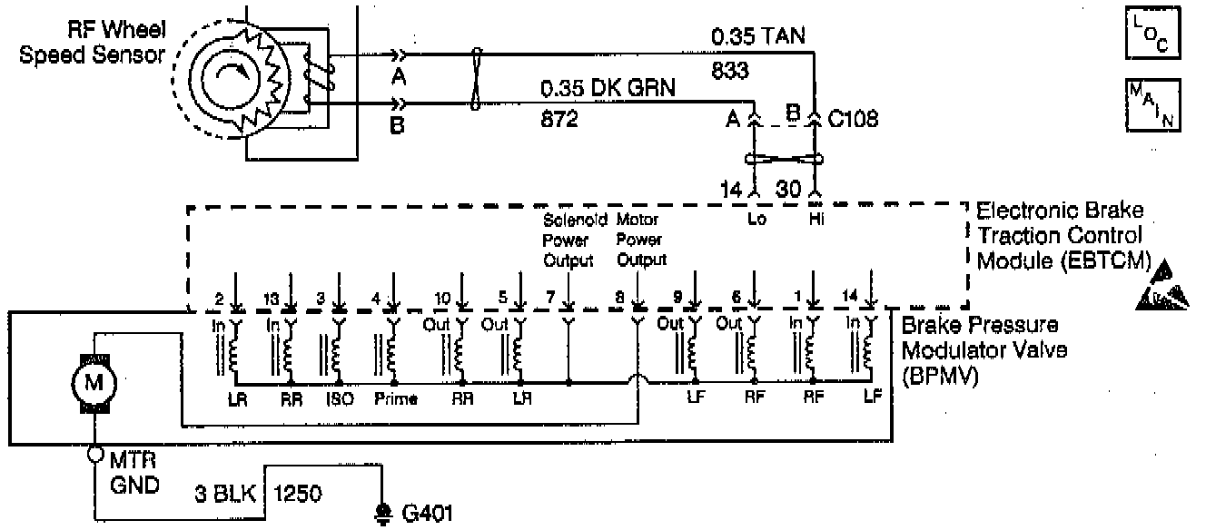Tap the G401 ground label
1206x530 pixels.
pyautogui.click(x=425, y=513)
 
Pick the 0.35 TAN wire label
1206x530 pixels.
pyautogui.click(x=759, y=38)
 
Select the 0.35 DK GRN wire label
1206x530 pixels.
pyautogui.click(x=607, y=89)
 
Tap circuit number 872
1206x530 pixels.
pyautogui.click(x=559, y=118)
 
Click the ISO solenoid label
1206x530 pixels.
pyautogui.click(x=334, y=398)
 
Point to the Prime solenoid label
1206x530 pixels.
pyautogui.click(x=394, y=398)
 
